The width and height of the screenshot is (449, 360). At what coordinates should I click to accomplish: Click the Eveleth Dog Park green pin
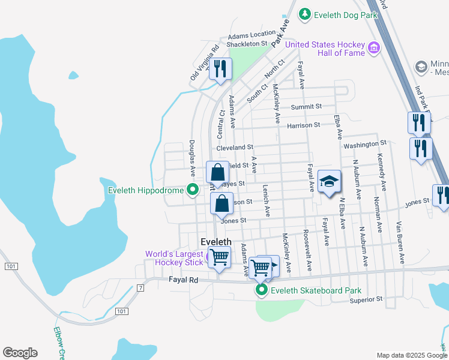tap(305, 13)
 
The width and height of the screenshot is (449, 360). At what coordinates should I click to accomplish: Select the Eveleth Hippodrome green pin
tap(193, 191)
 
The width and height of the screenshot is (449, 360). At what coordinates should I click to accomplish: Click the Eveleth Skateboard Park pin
tap(262, 291)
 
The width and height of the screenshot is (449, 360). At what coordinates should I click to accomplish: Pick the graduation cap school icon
tap(329, 182)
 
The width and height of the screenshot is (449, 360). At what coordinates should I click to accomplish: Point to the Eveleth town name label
tap(215, 242)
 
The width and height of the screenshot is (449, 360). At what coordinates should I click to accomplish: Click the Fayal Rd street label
tap(184, 280)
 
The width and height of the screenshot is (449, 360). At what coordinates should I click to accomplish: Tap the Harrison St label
tap(304, 125)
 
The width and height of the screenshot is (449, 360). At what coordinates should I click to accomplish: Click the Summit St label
tap(306, 107)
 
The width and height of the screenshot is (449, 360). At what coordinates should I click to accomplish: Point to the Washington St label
tap(364, 144)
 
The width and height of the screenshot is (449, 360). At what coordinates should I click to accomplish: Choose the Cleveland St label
tap(235, 147)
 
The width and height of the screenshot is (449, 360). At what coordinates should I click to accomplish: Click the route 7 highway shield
tap(140, 288)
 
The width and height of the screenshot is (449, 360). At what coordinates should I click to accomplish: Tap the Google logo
tap(20, 353)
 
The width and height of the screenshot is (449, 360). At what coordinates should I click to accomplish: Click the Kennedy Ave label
tap(381, 169)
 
